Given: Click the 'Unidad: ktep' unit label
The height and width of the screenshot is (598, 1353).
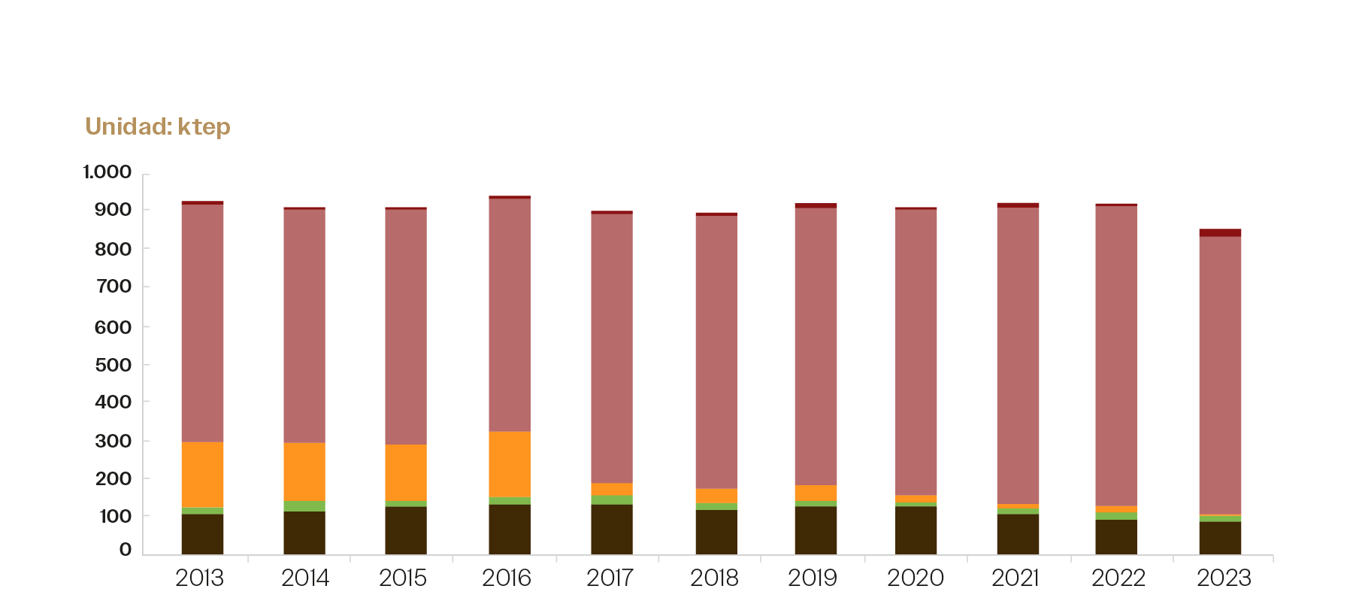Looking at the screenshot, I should click(x=158, y=126).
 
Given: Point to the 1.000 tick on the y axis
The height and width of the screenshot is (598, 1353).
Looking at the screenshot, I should click(x=107, y=172).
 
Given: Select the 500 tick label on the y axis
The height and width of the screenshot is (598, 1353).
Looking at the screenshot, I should click(x=113, y=365).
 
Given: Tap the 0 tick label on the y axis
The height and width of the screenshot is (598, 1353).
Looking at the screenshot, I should click(x=125, y=550).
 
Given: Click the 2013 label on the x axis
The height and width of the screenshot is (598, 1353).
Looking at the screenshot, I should click(x=199, y=578).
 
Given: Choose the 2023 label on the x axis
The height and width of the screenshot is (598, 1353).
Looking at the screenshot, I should click(x=1224, y=578).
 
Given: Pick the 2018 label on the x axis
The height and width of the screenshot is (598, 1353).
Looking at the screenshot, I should click(x=714, y=578).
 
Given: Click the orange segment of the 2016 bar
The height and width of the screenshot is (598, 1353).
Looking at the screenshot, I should click(x=510, y=464).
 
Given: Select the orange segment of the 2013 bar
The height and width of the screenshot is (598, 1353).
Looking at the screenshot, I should click(x=202, y=475).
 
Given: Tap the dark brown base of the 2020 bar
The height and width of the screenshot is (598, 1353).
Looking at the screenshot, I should click(x=916, y=530).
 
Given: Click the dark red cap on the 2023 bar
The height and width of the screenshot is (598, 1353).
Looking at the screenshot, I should click(x=1220, y=232).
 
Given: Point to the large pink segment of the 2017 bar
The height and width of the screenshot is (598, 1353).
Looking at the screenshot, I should click(x=612, y=348).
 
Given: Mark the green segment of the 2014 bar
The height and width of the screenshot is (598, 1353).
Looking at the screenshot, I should click(x=304, y=505).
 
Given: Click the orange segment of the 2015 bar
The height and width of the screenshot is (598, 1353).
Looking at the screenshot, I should click(x=406, y=472).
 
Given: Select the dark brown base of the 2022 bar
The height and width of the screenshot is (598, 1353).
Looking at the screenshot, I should click(x=1116, y=537).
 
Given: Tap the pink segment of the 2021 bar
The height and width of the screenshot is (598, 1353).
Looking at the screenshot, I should click(x=1018, y=355).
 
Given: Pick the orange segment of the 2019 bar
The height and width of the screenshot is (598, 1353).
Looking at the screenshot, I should click(x=816, y=493).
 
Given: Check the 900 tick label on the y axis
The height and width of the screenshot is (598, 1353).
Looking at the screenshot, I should click(x=113, y=210).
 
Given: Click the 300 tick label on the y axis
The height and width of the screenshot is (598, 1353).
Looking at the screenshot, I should click(x=113, y=441).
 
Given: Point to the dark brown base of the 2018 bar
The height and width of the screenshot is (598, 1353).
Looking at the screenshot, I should click(x=716, y=533).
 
